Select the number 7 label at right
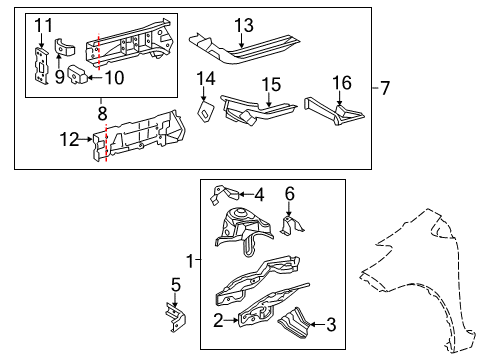(386, 89)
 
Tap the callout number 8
(101, 113)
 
